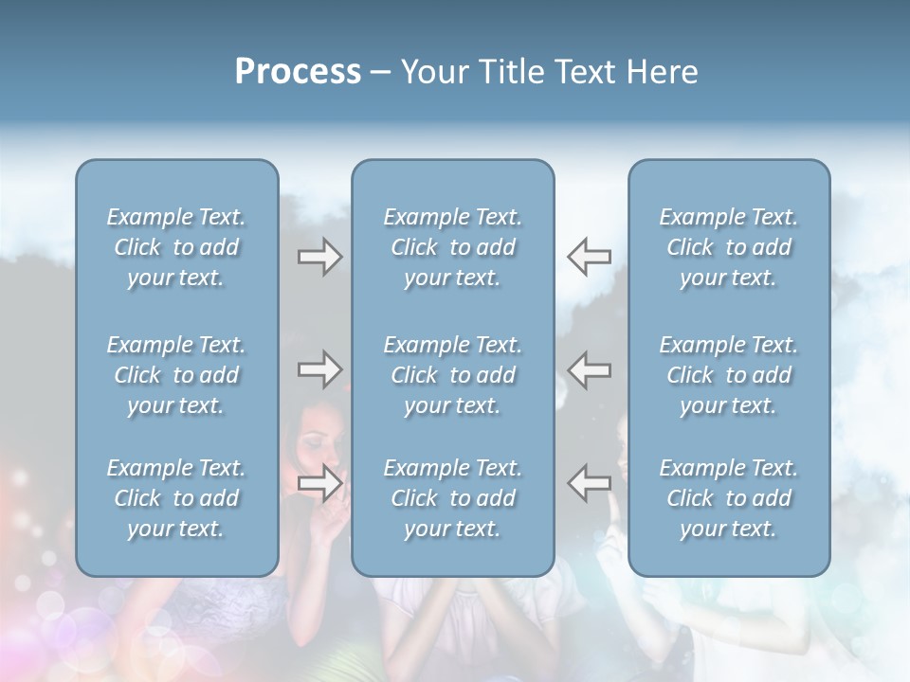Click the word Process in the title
298,72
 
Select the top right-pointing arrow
319,257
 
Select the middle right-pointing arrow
319,369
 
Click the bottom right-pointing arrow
319,483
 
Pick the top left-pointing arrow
590,256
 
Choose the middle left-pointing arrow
590,369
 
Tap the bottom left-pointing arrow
590,482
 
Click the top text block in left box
176,247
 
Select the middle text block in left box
176,375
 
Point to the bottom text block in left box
176,498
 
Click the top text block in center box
452,247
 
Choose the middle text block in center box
452,375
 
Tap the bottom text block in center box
452,498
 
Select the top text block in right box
728,247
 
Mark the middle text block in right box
728,375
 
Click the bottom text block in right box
728,498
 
